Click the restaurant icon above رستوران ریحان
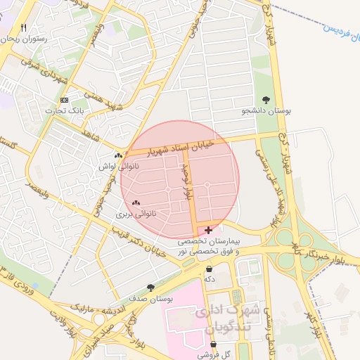tap(23, 28)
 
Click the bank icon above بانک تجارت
tap(65, 100)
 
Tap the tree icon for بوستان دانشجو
tap(266, 100)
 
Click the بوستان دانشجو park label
tap(266, 111)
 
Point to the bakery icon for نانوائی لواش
tap(117, 155)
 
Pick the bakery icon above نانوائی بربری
tap(136, 202)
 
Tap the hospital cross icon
tap(208, 230)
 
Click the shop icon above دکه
tap(209, 269)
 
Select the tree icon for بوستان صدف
tap(150, 287)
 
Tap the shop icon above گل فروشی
tap(213, 345)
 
